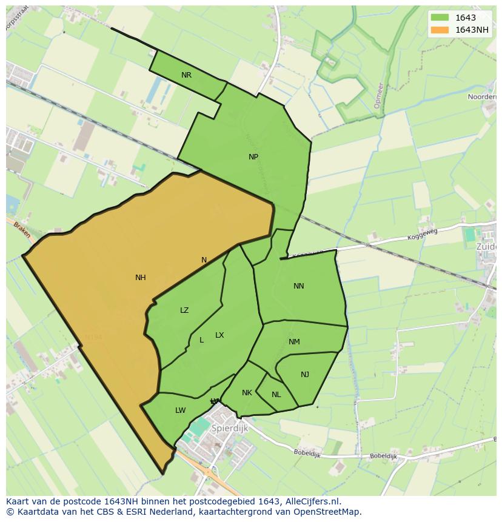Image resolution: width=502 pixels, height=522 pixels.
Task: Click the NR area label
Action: (186, 75)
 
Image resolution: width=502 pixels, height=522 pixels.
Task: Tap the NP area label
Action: (253, 157)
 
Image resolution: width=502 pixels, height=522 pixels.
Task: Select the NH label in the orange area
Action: (141, 278)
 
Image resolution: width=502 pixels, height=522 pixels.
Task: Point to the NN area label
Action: (299, 286)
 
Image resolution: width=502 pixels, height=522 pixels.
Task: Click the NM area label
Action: (294, 342)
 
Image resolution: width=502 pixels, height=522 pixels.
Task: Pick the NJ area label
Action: (305, 375)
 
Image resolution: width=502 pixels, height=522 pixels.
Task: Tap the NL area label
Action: (276, 395)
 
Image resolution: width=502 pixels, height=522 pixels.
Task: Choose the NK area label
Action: (247, 393)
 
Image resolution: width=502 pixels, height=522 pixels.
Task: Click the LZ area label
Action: (184, 310)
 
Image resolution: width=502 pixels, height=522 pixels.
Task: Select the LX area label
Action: (219, 335)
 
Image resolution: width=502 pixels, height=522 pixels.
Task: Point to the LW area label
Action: (180, 410)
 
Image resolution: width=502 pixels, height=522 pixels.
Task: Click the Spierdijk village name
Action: (230, 428)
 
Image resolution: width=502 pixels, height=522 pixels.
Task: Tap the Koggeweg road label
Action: (422, 234)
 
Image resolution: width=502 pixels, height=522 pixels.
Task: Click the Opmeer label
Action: (378, 95)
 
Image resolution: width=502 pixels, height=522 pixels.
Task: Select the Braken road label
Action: (22, 230)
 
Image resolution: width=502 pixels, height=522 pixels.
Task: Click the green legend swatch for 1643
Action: (440, 18)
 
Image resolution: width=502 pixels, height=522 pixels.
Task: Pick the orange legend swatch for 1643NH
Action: (440, 30)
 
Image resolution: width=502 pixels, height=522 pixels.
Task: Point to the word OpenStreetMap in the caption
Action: (325, 512)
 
